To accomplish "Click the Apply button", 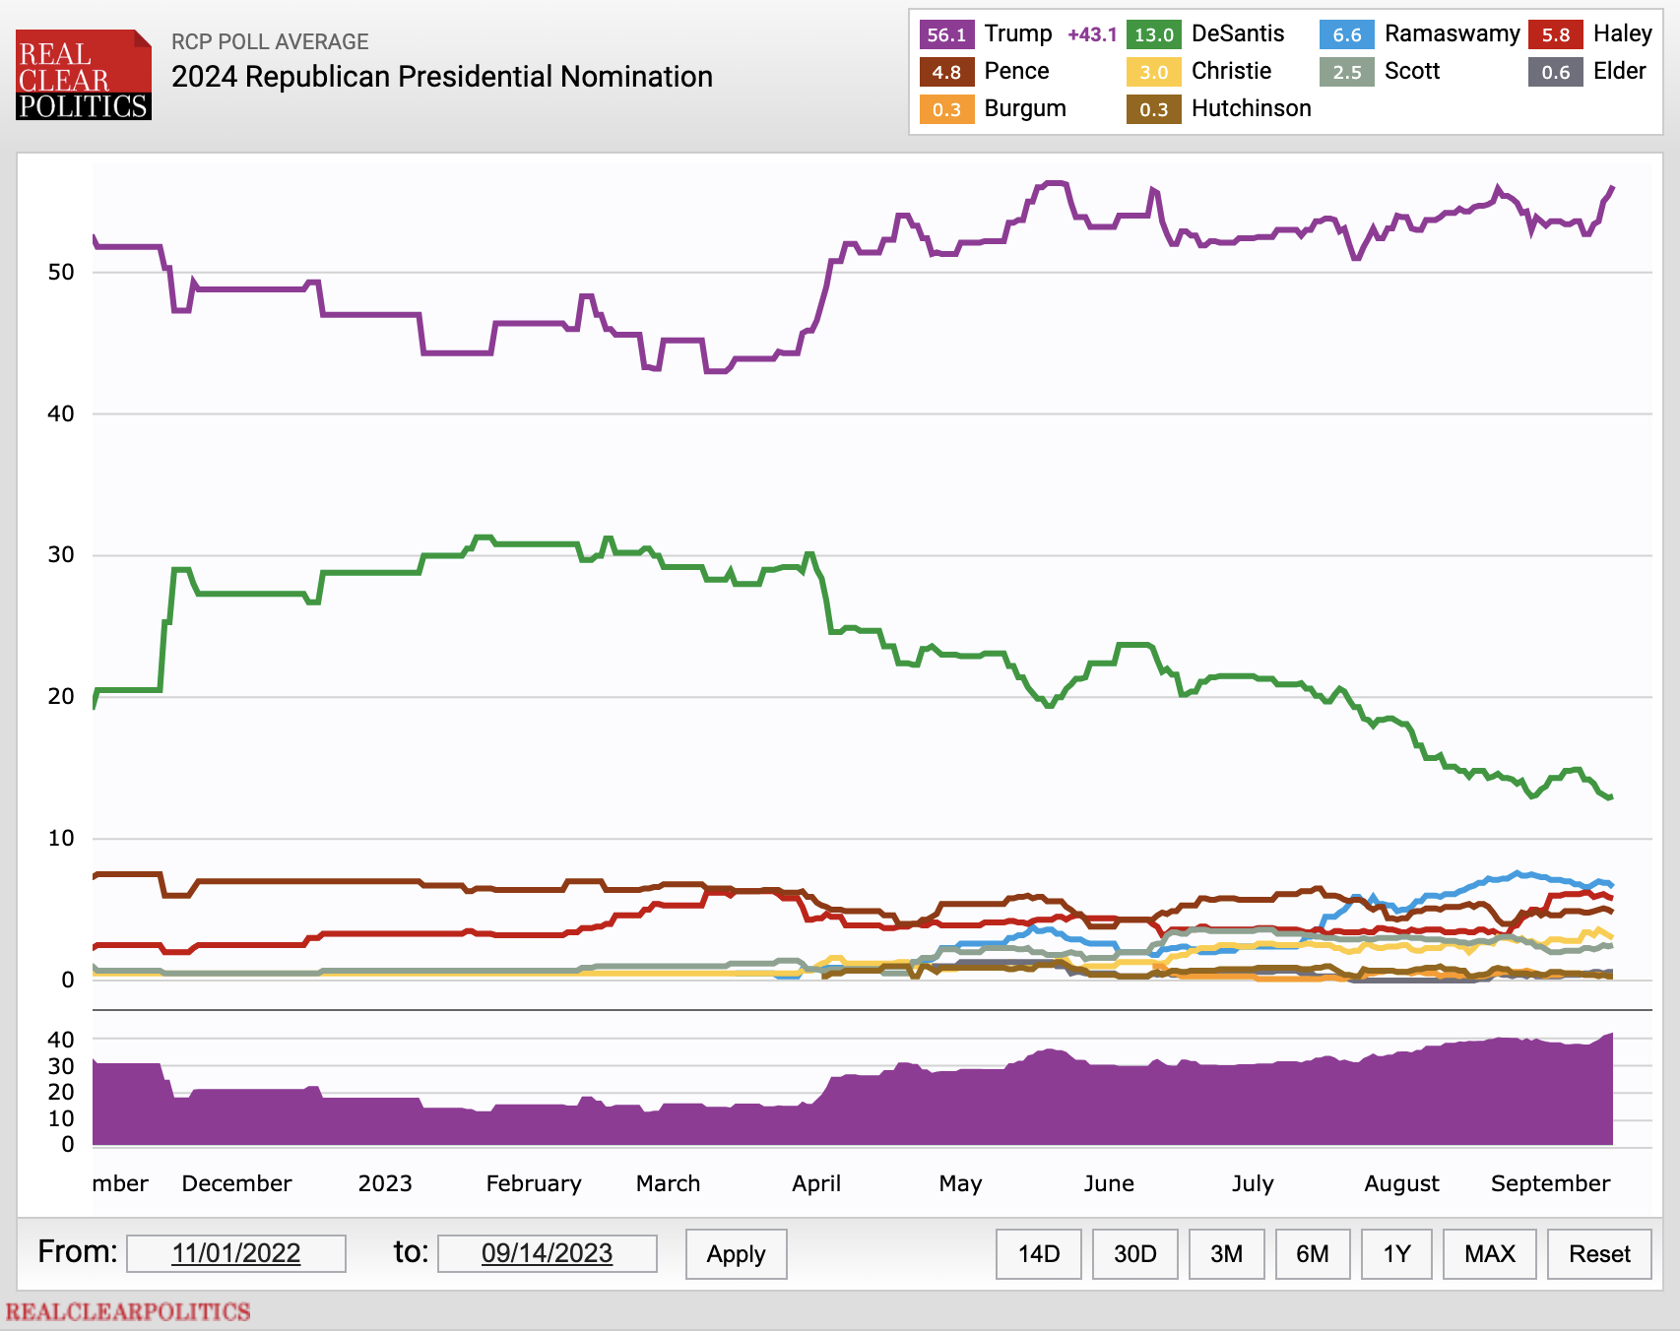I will tap(736, 1253).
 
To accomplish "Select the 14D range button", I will tap(1038, 1253).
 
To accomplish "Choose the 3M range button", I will tap(1226, 1253).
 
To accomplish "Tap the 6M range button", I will tap(1312, 1253).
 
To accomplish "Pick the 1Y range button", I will tap(1396, 1253).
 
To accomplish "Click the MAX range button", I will tap(1489, 1253).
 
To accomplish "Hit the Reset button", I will tap(1599, 1253).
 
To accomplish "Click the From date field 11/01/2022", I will tap(236, 1253).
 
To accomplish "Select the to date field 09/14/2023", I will tap(547, 1253).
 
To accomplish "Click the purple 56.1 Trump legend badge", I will tap(946, 34).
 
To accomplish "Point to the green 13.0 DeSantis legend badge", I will tap(1153, 34).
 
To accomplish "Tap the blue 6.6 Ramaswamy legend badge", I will tap(1346, 34).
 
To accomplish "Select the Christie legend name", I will tap(1231, 71).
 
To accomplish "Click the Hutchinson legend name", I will tap(1251, 108).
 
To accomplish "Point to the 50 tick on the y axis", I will tap(61, 273).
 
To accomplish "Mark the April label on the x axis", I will tap(816, 1183).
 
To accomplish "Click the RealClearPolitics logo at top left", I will tap(84, 76).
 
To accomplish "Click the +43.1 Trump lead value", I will tap(1092, 34).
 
